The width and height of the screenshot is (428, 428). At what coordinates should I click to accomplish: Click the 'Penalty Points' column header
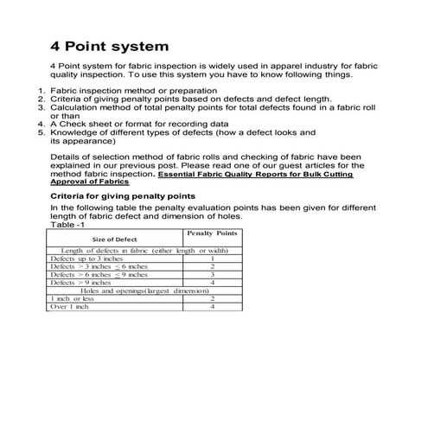coord(212,233)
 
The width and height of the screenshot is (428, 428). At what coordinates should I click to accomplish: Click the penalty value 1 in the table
coord(212,259)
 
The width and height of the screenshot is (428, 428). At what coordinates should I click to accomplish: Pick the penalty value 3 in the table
coord(212,274)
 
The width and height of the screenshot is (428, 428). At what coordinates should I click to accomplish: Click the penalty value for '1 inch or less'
coord(212,298)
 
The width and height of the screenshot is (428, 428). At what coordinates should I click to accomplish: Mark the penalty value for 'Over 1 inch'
coord(212,306)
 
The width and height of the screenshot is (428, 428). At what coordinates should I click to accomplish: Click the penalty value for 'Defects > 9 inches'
coord(212,282)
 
